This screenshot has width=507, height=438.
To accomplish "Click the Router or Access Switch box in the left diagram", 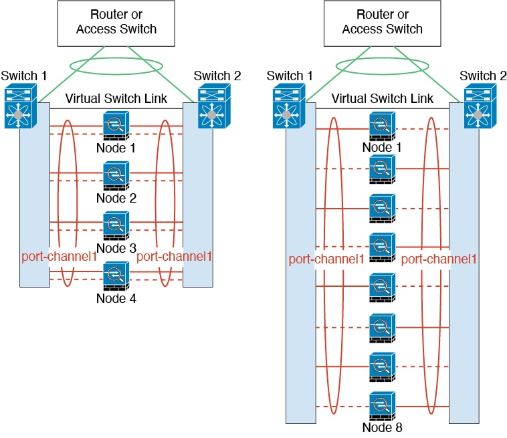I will (116, 22).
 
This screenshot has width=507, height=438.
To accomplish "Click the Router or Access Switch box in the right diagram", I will (383, 22).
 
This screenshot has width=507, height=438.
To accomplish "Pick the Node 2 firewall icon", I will (116, 176).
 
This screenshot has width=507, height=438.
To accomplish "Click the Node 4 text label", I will (116, 298).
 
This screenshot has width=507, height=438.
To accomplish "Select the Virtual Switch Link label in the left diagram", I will (116, 99).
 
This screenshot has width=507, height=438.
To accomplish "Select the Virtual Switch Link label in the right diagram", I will (383, 99).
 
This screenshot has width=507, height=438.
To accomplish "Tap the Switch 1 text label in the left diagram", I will (24, 76).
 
